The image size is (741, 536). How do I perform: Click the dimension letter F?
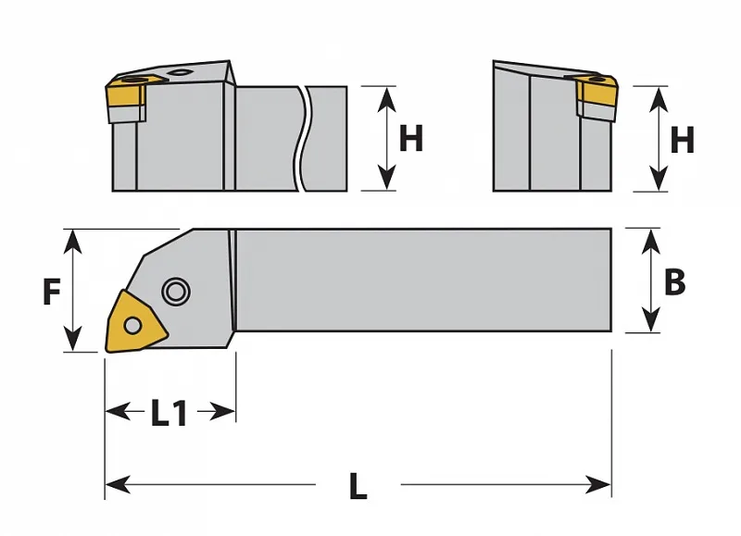click(52, 292)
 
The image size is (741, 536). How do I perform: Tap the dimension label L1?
click(170, 413)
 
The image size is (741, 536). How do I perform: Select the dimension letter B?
click(674, 282)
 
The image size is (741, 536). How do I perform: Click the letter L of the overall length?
click(358, 486)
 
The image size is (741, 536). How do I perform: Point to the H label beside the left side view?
click(410, 138)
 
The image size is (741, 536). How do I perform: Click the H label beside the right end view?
click(682, 140)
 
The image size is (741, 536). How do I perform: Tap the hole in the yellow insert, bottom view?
click(132, 325)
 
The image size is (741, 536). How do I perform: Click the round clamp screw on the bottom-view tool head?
click(176, 292)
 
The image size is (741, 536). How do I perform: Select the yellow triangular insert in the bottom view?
click(135, 322)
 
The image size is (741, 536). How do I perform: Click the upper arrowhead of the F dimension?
click(72, 241)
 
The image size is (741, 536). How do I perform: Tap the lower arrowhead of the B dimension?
click(652, 319)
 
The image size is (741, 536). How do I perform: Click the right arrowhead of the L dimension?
click(598, 485)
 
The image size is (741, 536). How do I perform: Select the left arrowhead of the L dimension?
click(118, 485)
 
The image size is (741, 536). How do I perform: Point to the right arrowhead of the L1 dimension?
click(222, 412)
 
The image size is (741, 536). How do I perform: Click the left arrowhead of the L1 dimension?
click(119, 412)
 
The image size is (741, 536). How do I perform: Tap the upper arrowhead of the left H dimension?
click(387, 99)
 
